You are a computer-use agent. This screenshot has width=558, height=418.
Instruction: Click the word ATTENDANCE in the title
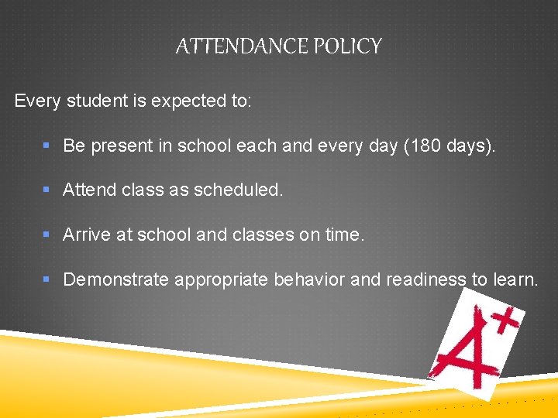242,46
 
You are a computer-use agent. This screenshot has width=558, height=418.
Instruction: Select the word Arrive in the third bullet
87,234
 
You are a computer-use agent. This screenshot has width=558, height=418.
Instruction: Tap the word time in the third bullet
344,234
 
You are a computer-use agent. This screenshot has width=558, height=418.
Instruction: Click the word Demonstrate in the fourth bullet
115,279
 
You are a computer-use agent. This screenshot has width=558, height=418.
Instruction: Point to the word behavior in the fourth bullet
310,279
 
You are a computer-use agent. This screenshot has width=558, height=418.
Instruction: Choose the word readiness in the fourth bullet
424,279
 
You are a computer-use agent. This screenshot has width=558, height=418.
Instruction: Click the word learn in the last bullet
515,279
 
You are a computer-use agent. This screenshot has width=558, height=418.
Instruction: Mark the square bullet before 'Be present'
47,146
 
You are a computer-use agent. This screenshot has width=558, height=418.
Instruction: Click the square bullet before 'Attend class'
47,190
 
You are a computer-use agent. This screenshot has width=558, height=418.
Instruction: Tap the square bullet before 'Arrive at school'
47,234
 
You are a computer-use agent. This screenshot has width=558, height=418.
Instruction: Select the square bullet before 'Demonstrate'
47,279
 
